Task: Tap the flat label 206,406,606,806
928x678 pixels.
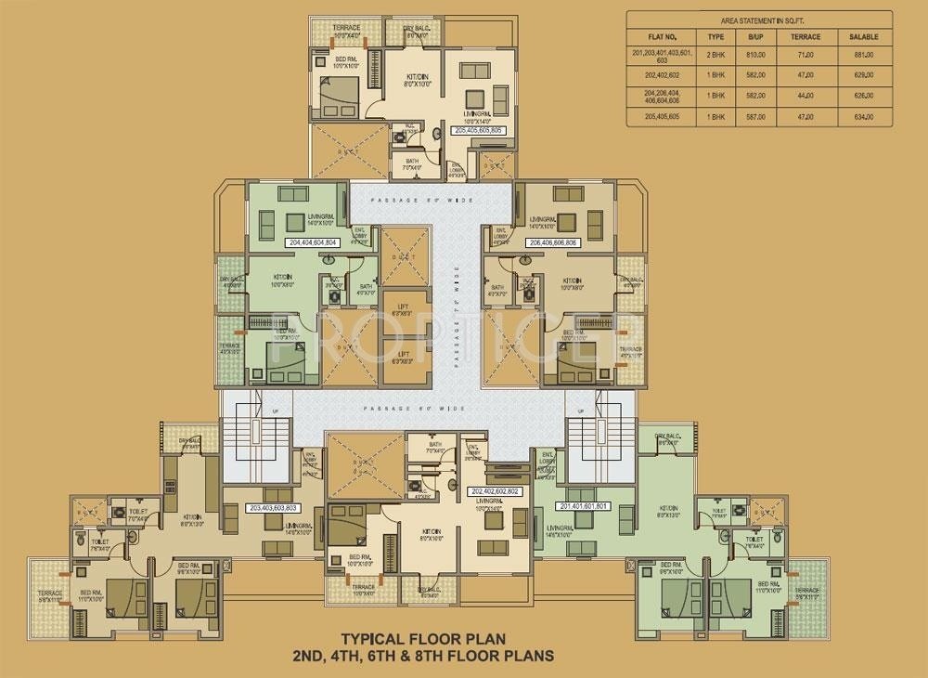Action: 552,241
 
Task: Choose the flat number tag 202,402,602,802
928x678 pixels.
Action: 496,490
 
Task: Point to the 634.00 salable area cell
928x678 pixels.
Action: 862,117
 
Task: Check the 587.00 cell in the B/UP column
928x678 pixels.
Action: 755,117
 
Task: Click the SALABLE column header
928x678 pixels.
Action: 862,36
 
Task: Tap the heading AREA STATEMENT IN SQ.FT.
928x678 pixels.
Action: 758,19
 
